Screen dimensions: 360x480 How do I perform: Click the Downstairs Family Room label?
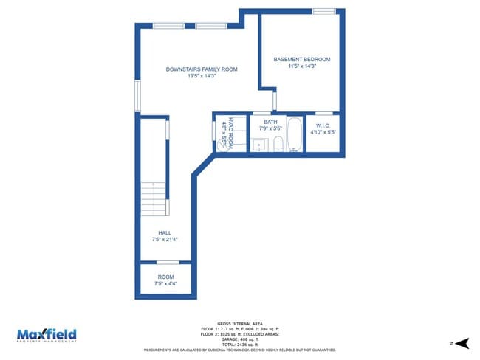pos(202,69)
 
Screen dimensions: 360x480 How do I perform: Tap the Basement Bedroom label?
pos(301,59)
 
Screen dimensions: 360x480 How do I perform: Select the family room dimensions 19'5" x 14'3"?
pos(202,76)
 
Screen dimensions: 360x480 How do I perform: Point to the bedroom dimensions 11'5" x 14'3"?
pos(301,66)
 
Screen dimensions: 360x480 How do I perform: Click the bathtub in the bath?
pos(294,135)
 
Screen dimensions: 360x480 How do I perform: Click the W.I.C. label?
pos(323,125)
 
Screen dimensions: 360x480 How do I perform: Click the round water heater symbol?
pos(221,143)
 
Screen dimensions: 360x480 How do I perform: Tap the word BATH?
pos(270,122)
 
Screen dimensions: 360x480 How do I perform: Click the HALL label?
pos(164,232)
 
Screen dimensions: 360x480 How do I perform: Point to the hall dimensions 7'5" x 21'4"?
pos(164,238)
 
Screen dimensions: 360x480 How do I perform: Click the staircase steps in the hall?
pos(154,198)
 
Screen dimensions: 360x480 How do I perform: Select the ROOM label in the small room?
pos(165,277)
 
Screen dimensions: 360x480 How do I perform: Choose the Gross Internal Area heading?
pos(239,324)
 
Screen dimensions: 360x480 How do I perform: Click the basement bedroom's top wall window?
pos(323,11)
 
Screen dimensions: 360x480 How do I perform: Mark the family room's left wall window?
pos(137,96)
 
